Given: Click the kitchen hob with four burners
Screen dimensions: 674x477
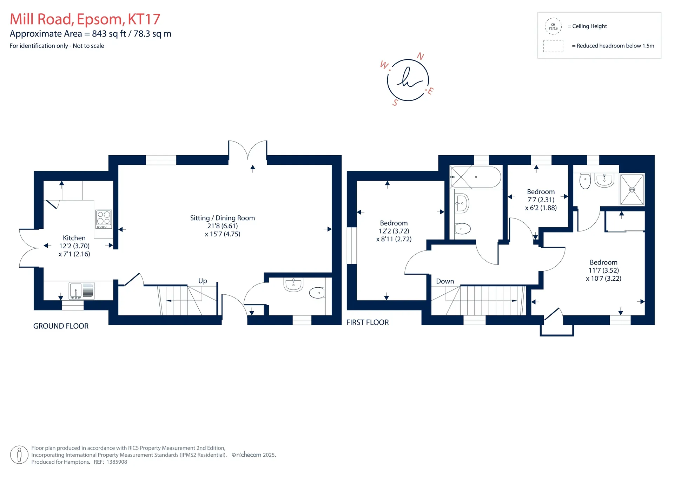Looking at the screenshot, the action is tap(104, 219).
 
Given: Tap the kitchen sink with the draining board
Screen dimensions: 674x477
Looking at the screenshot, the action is tap(81, 291).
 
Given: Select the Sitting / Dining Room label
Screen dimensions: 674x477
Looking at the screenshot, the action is tap(223, 218).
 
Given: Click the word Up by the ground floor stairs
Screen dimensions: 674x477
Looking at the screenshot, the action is tap(203, 281).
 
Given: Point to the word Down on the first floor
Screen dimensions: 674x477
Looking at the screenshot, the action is tap(445, 281).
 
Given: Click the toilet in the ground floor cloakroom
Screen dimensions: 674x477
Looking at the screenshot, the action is tap(317, 293).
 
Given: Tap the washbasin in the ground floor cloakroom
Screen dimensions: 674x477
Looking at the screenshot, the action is tap(293, 285).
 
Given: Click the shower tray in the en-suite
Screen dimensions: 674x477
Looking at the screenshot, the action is tap(632, 190).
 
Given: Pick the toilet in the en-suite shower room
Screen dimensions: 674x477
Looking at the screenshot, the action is tap(585, 181).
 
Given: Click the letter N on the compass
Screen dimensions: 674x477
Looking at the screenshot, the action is tap(421, 57).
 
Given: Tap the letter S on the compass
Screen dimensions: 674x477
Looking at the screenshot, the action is tap(395, 103).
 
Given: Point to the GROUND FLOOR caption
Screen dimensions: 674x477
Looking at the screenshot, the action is tap(61, 326).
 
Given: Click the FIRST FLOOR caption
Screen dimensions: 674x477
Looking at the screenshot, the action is tap(368, 323).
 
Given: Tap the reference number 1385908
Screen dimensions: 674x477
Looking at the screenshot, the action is tap(117, 462).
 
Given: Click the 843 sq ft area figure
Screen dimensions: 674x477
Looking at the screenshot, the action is tap(109, 34).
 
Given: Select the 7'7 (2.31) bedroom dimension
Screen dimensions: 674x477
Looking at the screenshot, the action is tap(541, 200).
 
